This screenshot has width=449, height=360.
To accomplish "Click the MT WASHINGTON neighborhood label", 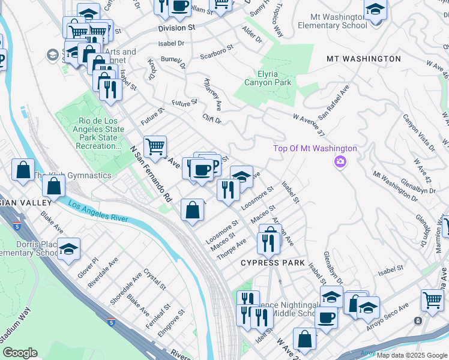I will (x=363, y=59).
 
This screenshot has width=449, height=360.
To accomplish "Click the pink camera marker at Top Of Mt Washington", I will (x=340, y=162).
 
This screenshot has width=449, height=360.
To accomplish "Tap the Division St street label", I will (x=177, y=28).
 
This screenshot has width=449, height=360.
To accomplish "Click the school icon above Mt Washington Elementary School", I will (x=375, y=10).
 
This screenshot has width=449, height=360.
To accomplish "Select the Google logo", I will (x=20, y=353).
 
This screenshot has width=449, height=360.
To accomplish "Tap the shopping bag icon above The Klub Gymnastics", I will (x=23, y=170).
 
